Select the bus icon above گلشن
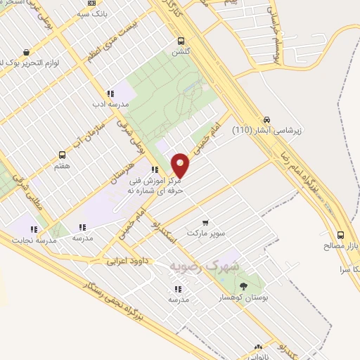click(x=182, y=41)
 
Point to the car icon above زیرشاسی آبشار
click(x=266, y=120)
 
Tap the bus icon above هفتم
click(x=62, y=155)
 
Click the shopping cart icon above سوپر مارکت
click(x=205, y=222)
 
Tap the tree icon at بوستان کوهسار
click(x=243, y=285)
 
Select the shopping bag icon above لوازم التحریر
click(x=27, y=51)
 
